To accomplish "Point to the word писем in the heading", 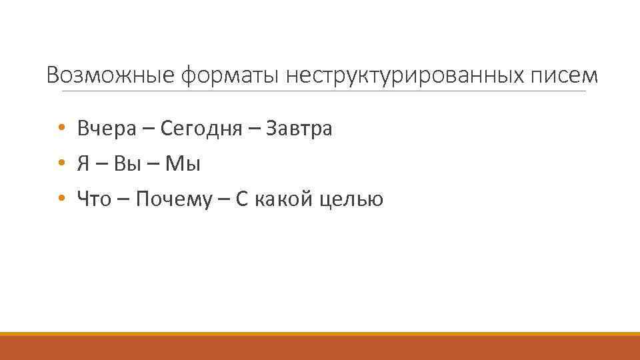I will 565,75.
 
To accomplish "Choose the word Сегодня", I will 201,128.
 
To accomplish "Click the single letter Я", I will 83,163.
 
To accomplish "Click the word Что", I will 94,199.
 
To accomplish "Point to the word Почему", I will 176,199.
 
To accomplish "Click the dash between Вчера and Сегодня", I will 148,129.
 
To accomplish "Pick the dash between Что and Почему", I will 123,200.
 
